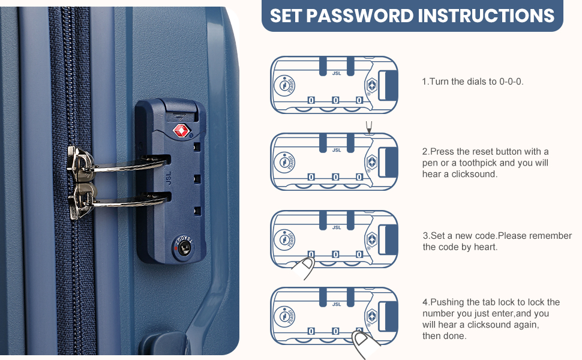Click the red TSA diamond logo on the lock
[x=182, y=131]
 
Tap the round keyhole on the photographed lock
[x=184, y=248]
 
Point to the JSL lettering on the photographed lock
[x=168, y=178]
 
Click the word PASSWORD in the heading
[x=359, y=16]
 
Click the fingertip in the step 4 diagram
[x=364, y=343]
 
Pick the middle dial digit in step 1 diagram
[x=335, y=100]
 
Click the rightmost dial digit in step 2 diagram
[x=359, y=177]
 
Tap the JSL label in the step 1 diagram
[x=336, y=73]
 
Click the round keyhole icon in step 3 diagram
[x=285, y=239]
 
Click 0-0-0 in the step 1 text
[x=511, y=82]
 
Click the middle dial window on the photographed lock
[x=197, y=179]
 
